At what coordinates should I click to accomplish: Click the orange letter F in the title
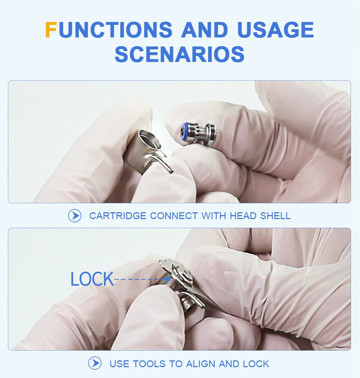[x=51, y=30]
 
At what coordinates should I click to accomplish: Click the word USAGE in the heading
[x=275, y=30]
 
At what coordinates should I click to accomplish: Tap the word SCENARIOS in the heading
[x=180, y=54]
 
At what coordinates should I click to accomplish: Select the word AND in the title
[x=205, y=30]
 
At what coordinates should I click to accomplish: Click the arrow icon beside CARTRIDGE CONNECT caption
[x=75, y=216]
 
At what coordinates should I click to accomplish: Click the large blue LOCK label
[x=92, y=279]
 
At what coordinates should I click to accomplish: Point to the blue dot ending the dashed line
[x=167, y=279]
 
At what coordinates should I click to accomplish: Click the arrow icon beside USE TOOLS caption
[x=95, y=363]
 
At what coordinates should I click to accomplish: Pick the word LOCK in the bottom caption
[x=256, y=364]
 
